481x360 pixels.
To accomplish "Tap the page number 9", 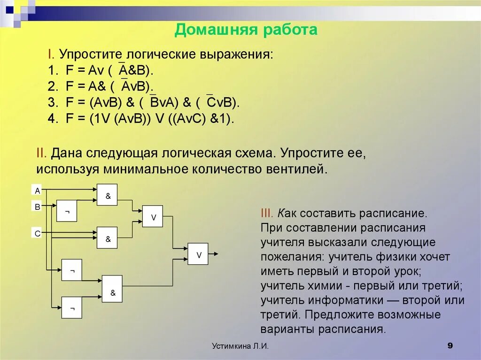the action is (450, 346).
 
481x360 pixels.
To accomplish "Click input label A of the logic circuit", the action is (38, 191).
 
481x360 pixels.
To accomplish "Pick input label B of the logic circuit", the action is (38, 206).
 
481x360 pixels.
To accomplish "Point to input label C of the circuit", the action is (38, 233).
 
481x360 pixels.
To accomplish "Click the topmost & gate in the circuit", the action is (107, 195).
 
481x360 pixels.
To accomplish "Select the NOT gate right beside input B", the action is (67, 211).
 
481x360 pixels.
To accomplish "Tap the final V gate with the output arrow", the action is (198, 254).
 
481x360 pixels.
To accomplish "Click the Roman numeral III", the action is (267, 213).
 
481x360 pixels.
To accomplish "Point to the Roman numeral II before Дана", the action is (41, 153).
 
